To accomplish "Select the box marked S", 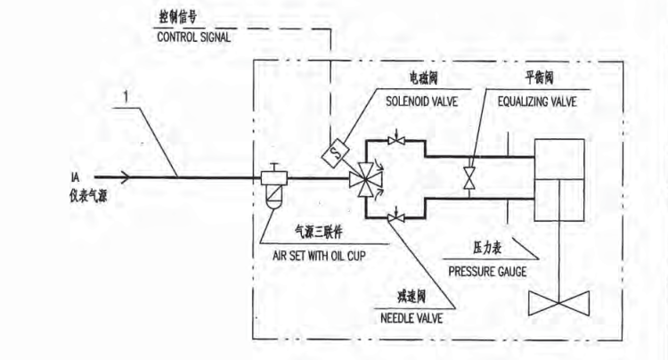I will click(335, 151).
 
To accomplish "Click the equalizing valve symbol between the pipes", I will click(469, 178).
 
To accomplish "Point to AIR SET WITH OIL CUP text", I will click(322, 252).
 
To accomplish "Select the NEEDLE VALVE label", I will click(408, 315).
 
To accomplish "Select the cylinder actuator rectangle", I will click(558, 180).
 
